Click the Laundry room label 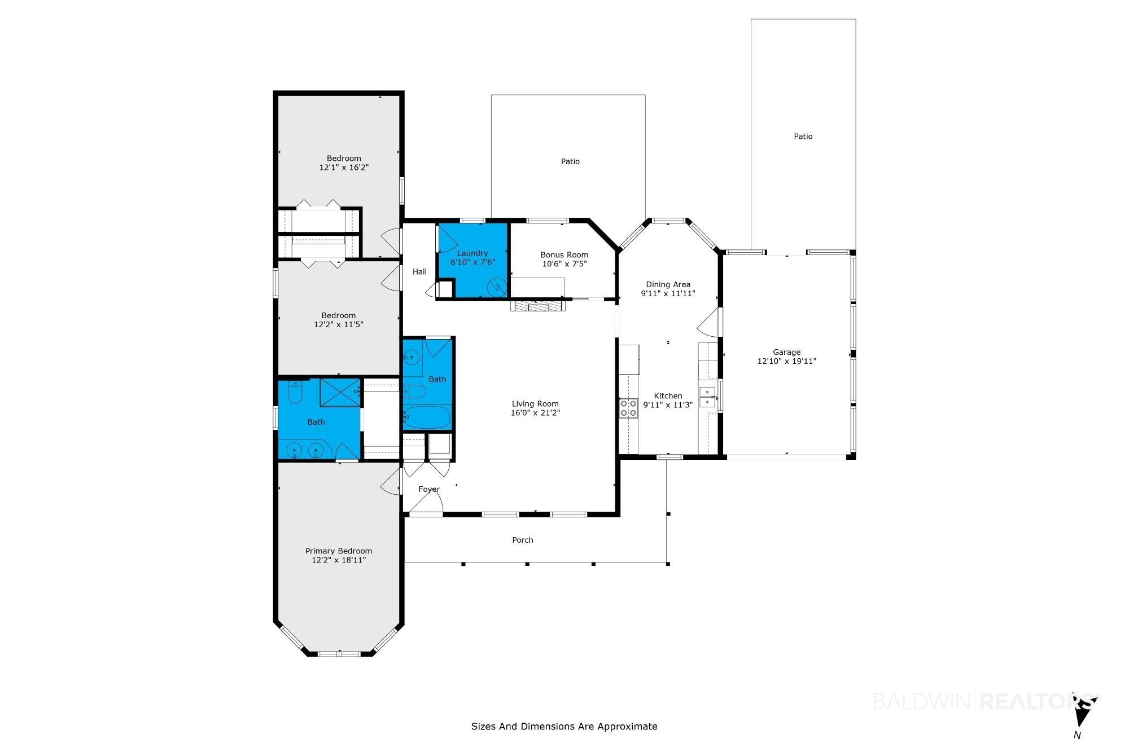coord(472,253)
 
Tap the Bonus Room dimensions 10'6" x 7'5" coord(564,263)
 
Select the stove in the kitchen coord(629,408)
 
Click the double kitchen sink coord(707,397)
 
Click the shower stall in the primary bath coord(340,393)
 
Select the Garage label coord(787,352)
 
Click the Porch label coord(523,540)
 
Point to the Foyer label coord(429,489)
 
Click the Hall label coord(419,271)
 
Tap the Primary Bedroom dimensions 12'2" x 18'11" coord(339,560)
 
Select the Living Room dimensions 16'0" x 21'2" coord(535,413)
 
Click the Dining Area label coord(668,284)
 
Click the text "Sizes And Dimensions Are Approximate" coord(564,727)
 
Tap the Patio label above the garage coord(803,136)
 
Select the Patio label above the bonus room coord(570,161)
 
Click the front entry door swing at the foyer coord(427,503)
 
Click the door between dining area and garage coord(711,321)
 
